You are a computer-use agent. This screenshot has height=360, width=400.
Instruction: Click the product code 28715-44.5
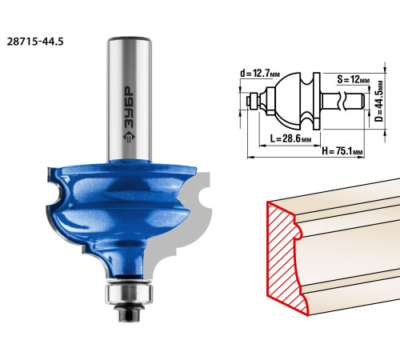click(35, 42)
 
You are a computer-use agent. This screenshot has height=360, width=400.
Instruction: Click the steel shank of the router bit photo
click(130, 98)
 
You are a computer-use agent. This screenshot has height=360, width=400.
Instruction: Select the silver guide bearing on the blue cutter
click(129, 293)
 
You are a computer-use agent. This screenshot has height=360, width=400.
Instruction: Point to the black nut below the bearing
click(129, 314)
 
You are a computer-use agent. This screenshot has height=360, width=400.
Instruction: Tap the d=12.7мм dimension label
click(260, 73)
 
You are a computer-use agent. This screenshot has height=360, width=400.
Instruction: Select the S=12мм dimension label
click(354, 79)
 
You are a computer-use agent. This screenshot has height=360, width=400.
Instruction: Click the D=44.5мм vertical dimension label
click(378, 101)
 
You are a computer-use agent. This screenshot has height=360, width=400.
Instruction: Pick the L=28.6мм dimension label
click(290, 138)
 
